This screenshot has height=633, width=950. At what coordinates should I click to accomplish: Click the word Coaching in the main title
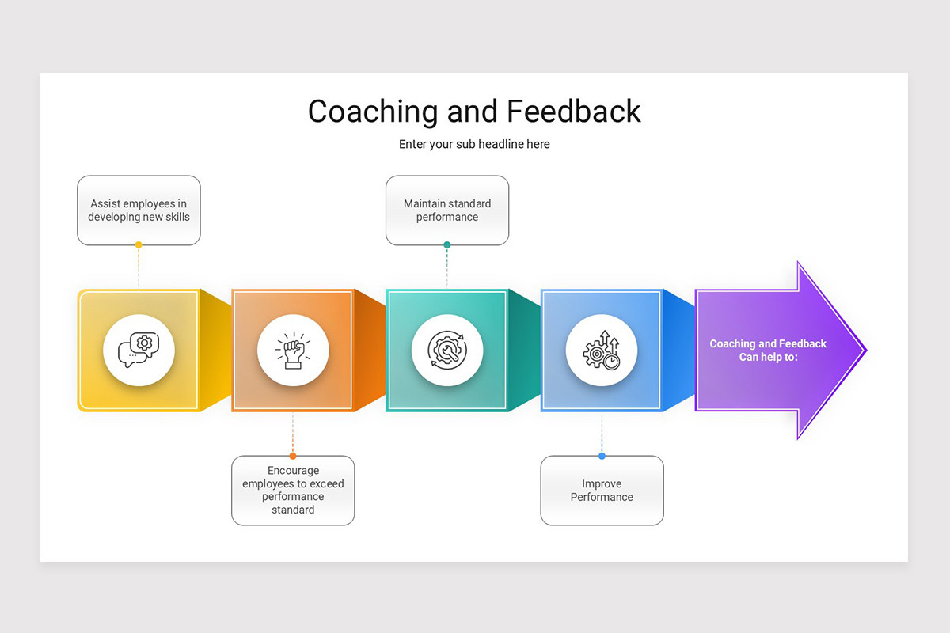coord(373,112)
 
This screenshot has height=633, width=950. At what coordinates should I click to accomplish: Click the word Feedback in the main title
coord(574,111)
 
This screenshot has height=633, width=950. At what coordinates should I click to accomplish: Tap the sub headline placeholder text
coord(474,144)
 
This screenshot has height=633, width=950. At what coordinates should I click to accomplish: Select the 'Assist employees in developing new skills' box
coord(139,210)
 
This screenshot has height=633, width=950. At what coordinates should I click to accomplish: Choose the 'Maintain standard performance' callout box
coord(447,210)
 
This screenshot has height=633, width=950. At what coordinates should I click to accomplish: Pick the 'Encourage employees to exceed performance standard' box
coord(293,491)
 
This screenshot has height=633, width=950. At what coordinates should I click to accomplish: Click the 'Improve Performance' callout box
coord(602,491)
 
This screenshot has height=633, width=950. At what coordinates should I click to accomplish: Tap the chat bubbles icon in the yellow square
coord(139,350)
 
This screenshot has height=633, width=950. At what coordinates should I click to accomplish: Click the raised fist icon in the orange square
coord(293,351)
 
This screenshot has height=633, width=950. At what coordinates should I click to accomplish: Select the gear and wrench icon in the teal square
coord(447,351)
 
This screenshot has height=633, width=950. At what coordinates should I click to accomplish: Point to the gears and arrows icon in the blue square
coord(602,351)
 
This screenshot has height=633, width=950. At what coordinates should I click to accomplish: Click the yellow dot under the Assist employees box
coord(139,244)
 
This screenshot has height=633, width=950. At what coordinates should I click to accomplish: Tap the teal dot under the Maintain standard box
coord(447,244)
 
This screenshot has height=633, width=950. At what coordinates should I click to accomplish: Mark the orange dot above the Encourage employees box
coord(293,456)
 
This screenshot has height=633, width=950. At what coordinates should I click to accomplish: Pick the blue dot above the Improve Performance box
coord(602,456)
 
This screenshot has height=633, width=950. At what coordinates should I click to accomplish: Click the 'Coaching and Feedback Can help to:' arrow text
coord(768,351)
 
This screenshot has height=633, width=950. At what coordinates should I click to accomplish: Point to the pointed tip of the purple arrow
coord(866,351)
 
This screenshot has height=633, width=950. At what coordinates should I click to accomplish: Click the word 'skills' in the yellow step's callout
coord(177,217)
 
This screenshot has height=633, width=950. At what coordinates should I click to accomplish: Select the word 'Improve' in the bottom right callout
coord(602,483)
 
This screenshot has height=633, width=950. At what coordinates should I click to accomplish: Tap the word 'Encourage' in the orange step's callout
coord(293,471)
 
